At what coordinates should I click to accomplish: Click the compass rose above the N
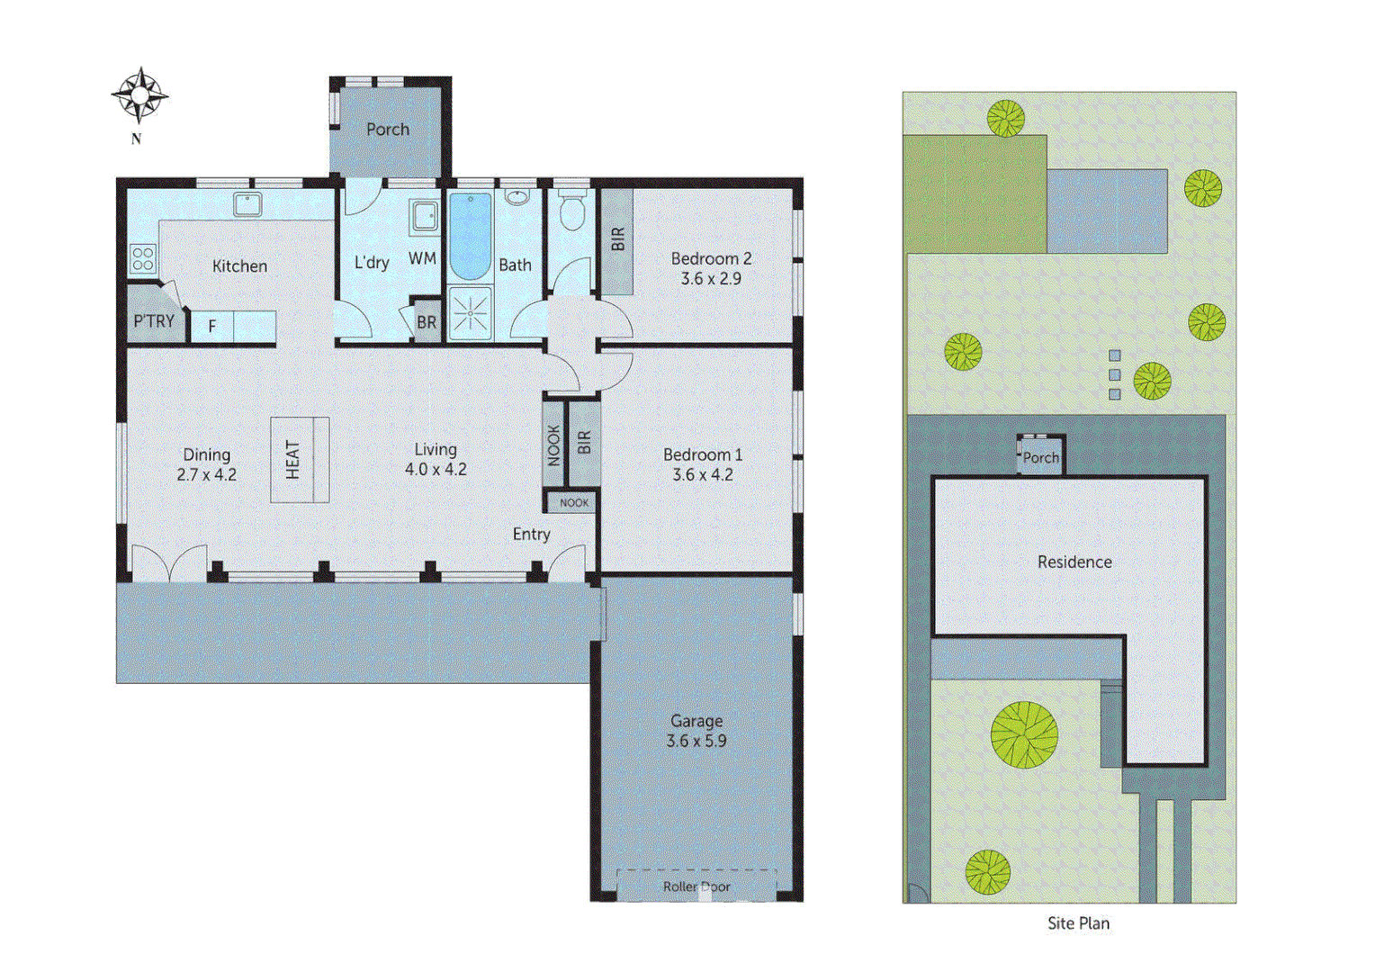coord(139,94)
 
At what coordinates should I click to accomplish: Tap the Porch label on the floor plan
coord(388,130)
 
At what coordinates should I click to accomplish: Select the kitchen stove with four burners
coord(143,259)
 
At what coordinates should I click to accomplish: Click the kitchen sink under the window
coord(247,204)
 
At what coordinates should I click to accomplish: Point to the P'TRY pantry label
coord(154,321)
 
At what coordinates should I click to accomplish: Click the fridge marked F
coord(212,327)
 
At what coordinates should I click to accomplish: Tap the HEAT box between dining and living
coord(300,460)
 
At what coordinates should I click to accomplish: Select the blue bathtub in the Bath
coord(470,236)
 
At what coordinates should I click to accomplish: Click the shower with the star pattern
coord(470,314)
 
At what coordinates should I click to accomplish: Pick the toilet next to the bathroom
coord(571,213)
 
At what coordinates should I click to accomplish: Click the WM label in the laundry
coord(422,259)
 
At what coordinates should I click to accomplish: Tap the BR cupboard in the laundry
coord(427,322)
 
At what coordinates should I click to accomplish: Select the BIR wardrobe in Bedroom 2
coord(617,239)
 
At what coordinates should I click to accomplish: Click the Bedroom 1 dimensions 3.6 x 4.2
coord(703,475)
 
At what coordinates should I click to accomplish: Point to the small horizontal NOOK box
coord(573,503)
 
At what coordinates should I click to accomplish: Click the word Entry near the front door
coord(531,535)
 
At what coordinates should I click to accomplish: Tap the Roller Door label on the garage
coord(696,886)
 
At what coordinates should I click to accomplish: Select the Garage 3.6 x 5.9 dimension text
coord(696,742)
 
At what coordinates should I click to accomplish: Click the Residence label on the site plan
coord(1074,562)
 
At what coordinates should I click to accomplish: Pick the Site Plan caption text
coord(1078,923)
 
